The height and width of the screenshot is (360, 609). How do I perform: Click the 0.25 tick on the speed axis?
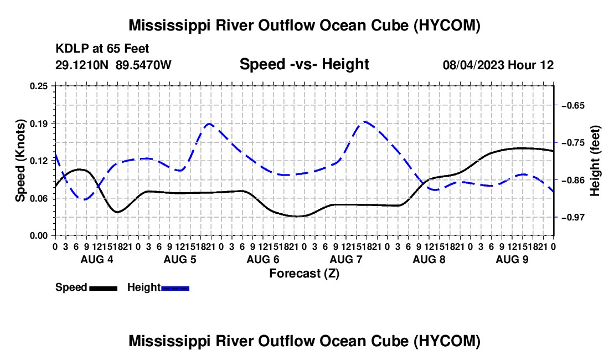pyautogui.click(x=38, y=86)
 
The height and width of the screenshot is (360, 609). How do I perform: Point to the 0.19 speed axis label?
pyautogui.click(x=38, y=124)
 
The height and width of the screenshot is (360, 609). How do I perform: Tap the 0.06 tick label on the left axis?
pyautogui.click(x=38, y=198)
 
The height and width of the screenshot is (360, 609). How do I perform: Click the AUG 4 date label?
pyautogui.click(x=97, y=259)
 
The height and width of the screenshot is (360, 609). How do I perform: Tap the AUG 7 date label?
pyautogui.click(x=345, y=259)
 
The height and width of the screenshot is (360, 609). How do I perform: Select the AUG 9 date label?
pyautogui.click(x=512, y=259)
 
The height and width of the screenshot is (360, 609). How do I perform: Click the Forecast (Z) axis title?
pyautogui.click(x=304, y=274)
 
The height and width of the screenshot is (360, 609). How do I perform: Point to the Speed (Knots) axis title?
pyautogui.click(x=20, y=161)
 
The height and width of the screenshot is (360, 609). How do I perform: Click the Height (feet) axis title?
pyautogui.click(x=595, y=161)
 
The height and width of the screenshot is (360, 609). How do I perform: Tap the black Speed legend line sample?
pyautogui.click(x=104, y=289)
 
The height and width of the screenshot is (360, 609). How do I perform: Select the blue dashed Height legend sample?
pyautogui.click(x=175, y=289)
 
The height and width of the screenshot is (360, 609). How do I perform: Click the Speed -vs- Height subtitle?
pyautogui.click(x=304, y=64)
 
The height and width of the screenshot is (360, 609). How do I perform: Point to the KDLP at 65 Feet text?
pyautogui.click(x=102, y=49)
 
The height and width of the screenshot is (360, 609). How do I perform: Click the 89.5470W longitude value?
pyautogui.click(x=143, y=65)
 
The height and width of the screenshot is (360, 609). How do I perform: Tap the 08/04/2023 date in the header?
pyautogui.click(x=473, y=65)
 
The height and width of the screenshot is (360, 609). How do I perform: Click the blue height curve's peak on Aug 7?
pyautogui.click(x=365, y=121)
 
